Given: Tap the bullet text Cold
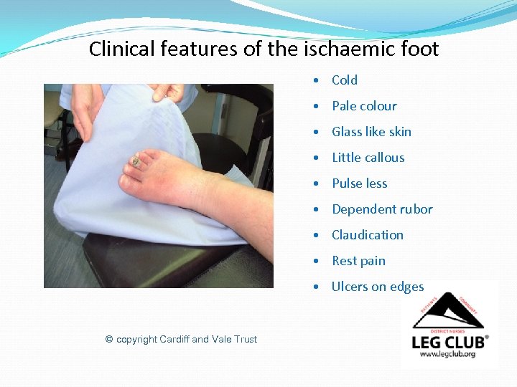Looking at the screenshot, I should point(344,80).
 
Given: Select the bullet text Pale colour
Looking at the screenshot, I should point(364,106).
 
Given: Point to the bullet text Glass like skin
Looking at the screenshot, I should point(371,132).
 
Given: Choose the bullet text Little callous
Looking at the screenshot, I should point(368,158).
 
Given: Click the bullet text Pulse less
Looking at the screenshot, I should point(359,183).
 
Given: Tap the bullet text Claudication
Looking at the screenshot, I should point(367,235).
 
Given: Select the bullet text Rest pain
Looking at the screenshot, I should point(358,261).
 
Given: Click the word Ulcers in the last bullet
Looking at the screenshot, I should point(350,287).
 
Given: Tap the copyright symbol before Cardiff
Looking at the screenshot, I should point(109,339).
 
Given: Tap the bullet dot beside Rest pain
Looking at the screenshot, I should point(316,261).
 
